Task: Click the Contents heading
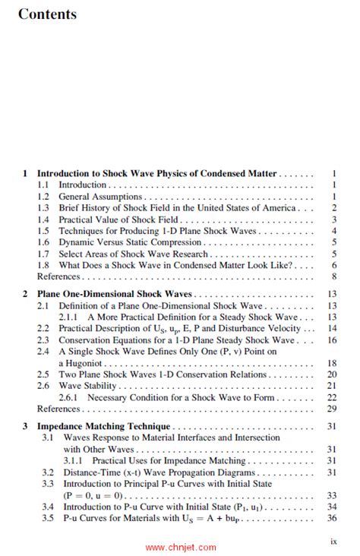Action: click(x=47, y=14)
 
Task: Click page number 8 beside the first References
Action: click(x=333, y=276)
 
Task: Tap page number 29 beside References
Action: click(x=332, y=409)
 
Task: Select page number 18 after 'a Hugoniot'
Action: click(x=332, y=363)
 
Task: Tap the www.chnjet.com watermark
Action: click(x=180, y=547)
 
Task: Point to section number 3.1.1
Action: click(x=75, y=460)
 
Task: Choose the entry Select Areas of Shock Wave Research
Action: click(x=133, y=253)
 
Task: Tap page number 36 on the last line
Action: click(x=332, y=518)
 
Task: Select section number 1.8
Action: click(x=43, y=265)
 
